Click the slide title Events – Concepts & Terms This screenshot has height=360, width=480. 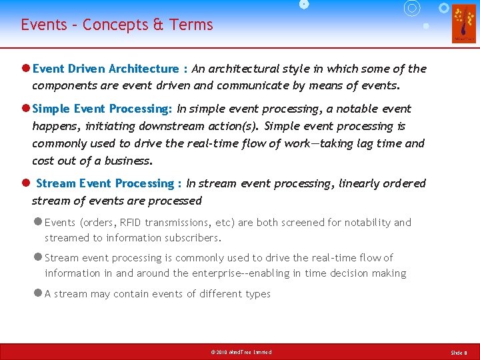(x=117, y=25)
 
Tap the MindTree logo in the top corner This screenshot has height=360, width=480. (x=464, y=23)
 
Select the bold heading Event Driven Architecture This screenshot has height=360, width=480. (x=105, y=69)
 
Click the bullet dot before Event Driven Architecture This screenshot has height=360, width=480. (x=25, y=69)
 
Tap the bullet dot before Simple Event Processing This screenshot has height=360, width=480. (x=25, y=109)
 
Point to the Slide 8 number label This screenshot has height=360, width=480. (x=459, y=352)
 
